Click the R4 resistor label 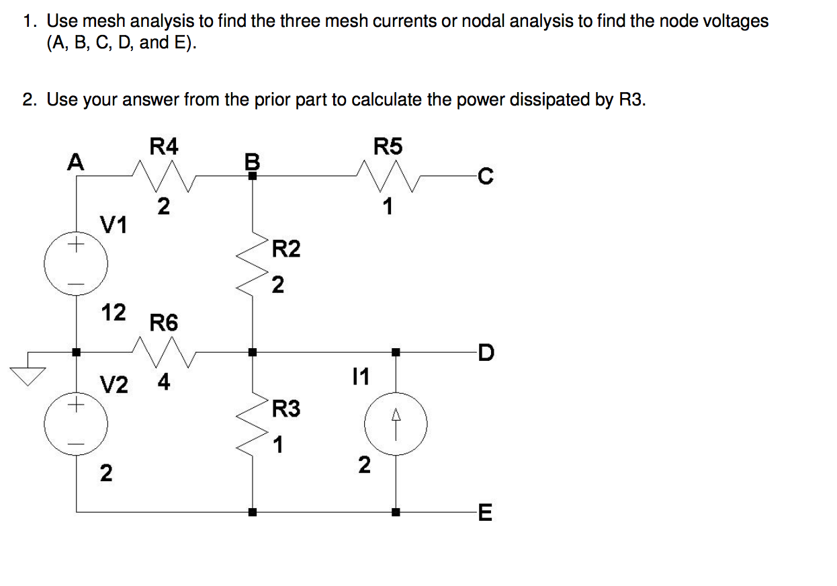(x=163, y=146)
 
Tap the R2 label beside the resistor (x=287, y=250)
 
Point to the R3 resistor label (x=287, y=409)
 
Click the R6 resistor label (x=164, y=323)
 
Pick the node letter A (x=77, y=161)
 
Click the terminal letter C (x=485, y=177)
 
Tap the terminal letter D (x=485, y=351)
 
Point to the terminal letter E (x=485, y=514)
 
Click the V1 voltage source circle (x=76, y=265)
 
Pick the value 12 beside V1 (x=113, y=312)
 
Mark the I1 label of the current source (x=361, y=376)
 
